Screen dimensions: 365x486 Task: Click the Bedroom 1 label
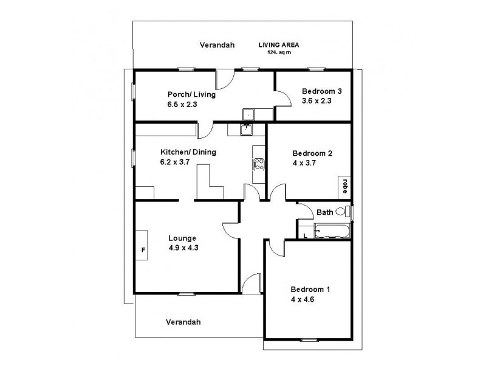(311, 289)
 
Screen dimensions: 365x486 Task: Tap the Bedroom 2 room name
(312, 153)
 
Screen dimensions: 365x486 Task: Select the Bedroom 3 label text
(322, 92)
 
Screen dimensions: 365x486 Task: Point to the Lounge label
(183, 238)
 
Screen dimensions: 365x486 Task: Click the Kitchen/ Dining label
(188, 152)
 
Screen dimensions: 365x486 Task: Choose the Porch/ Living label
(191, 94)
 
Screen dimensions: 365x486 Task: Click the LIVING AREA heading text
(279, 45)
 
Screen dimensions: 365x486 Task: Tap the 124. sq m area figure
(279, 52)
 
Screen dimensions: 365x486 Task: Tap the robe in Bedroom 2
(344, 185)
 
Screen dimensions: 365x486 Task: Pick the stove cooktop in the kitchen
(258, 162)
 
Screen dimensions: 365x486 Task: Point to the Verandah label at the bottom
(183, 322)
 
